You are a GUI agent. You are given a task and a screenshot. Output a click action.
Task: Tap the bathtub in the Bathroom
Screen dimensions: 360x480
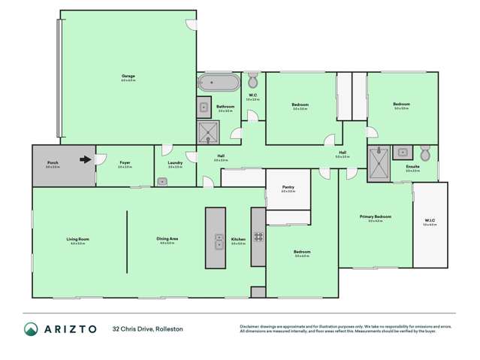tap(219, 82)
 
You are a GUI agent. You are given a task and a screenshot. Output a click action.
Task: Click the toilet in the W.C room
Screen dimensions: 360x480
tap(253, 81)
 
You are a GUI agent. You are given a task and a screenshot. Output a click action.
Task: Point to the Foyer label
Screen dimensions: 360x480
tap(125, 162)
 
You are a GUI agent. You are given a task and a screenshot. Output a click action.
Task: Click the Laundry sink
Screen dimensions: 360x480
tap(162, 181)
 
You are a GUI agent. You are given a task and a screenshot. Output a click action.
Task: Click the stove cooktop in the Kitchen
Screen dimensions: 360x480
tap(258, 236)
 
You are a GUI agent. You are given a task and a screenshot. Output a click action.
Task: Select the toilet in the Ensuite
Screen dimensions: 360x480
tap(425, 154)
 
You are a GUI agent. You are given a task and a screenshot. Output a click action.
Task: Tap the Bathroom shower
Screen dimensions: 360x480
tap(207, 133)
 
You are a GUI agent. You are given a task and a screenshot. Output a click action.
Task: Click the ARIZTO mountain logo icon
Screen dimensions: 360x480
tap(32, 329)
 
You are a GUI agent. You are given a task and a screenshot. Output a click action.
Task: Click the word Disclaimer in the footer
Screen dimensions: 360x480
tap(250, 325)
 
